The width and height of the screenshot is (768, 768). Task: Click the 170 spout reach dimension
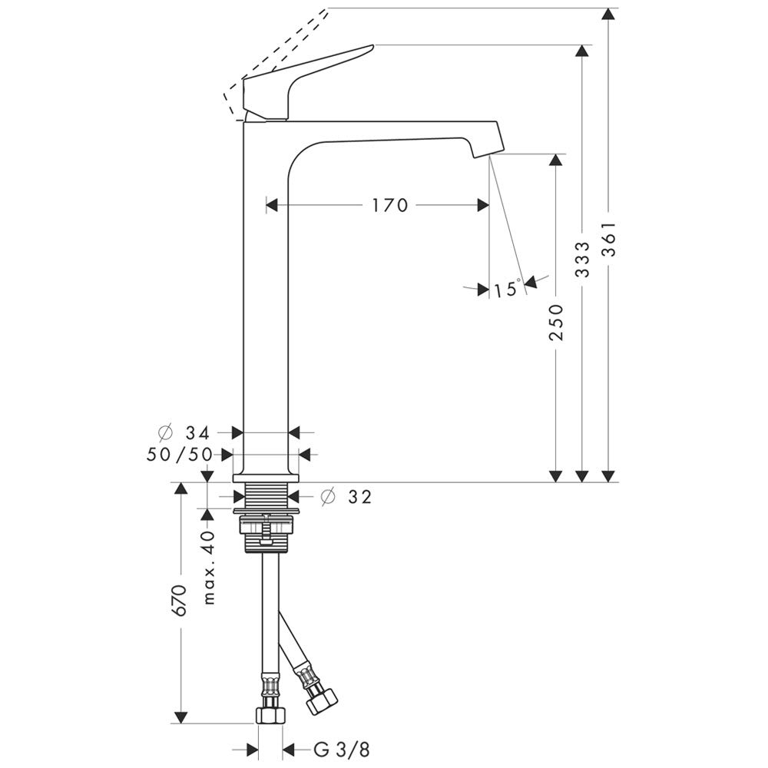389,205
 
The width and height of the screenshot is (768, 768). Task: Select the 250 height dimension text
556,323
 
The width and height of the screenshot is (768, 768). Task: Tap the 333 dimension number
582,259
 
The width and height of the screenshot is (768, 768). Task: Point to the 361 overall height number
608,240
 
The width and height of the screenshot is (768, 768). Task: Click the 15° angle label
506,289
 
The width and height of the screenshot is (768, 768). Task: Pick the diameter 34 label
184,433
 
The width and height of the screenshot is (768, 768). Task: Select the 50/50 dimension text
180,455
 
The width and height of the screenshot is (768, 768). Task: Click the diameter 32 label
346,497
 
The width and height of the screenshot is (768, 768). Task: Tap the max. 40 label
209,567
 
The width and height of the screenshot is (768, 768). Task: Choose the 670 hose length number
180,601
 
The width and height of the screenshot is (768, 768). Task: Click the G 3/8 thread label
342,750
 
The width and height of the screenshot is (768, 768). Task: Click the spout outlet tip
482,155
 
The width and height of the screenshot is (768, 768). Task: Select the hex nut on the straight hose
270,715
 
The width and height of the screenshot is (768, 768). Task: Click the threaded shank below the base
266,497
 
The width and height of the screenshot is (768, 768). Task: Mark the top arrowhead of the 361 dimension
608,14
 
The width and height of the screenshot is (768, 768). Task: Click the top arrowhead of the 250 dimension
556,160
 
